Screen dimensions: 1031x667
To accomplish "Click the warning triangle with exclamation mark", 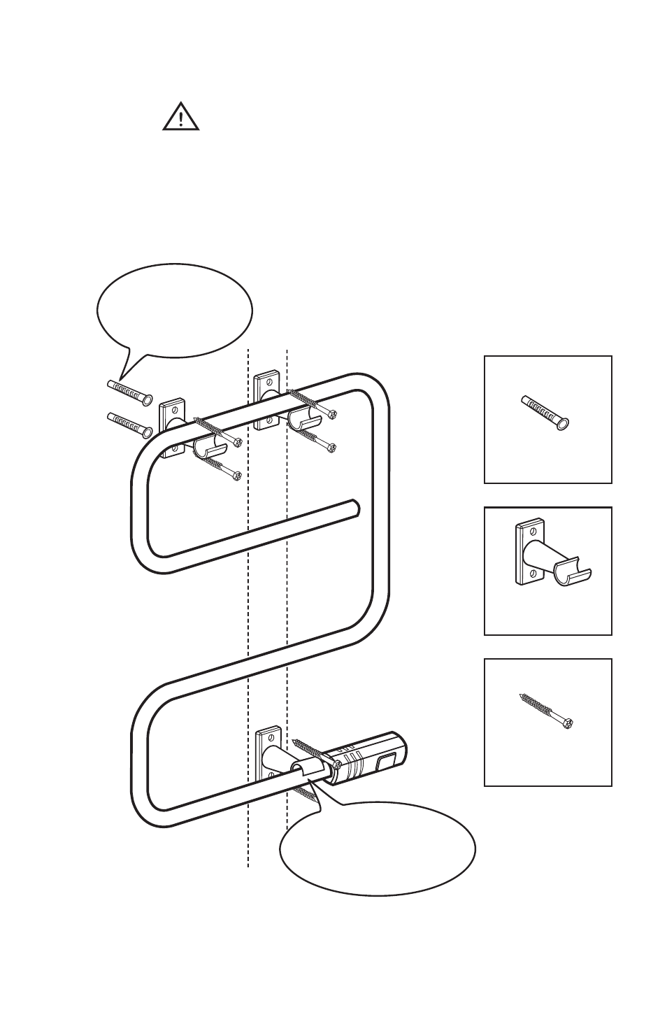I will click(181, 117).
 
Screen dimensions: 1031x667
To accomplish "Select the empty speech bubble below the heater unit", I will click(378, 848).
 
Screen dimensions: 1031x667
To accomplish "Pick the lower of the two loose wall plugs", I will click(130, 423).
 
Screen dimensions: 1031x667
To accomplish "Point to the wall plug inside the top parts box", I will click(545, 413).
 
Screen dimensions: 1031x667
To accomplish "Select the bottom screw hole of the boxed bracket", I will click(533, 574).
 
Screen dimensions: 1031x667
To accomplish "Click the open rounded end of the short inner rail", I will click(354, 506).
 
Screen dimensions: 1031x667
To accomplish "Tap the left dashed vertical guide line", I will click(249, 630).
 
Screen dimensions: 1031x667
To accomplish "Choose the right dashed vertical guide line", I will click(287, 630).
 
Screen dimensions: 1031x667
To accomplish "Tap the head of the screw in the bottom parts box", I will click(570, 723).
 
